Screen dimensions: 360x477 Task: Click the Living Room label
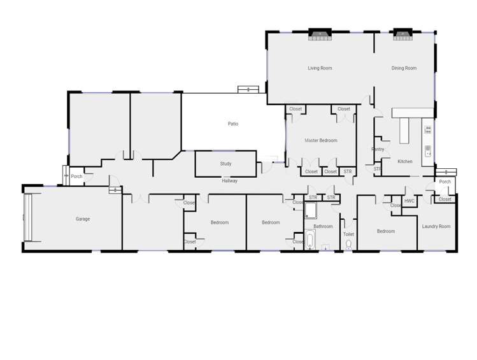tap(320, 68)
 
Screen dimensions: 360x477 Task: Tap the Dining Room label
tap(404, 68)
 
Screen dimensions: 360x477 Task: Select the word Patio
tap(233, 124)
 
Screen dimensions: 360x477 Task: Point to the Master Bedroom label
tap(320, 140)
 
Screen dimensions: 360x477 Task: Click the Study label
tap(225, 164)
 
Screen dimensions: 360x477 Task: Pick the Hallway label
tap(230, 181)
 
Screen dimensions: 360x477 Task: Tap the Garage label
tap(83, 219)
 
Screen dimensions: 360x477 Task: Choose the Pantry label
tap(378, 149)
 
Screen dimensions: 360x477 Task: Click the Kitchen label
tap(405, 161)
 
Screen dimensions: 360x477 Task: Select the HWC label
tap(409, 201)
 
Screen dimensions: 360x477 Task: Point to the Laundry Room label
tap(436, 226)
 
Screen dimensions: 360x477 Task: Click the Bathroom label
tap(323, 226)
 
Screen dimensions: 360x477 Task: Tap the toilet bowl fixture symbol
tap(348, 246)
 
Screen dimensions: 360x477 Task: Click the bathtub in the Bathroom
tap(310, 240)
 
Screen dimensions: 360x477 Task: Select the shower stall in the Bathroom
tap(311, 210)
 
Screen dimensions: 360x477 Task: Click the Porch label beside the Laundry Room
tap(445, 182)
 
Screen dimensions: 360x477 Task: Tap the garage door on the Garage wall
tap(27, 218)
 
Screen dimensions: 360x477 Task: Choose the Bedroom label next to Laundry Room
tap(386, 231)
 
